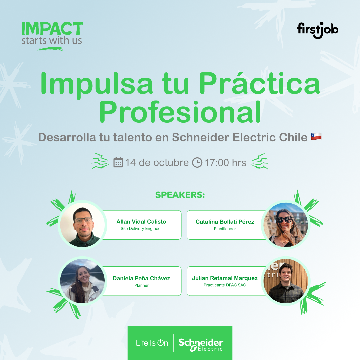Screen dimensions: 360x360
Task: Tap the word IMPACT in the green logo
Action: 52,29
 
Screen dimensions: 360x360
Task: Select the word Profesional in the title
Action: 180,113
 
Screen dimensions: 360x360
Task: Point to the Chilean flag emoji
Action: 316,136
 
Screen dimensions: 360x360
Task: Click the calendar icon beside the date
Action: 118,162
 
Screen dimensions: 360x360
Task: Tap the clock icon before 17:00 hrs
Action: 197,162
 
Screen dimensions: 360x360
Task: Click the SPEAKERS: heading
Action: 180,195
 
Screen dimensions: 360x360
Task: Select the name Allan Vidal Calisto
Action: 141,222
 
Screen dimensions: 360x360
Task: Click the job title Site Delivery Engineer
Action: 141,229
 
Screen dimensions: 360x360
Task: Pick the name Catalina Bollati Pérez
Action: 225,222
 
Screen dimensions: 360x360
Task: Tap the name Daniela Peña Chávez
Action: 141,278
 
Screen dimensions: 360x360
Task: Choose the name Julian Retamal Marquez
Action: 225,278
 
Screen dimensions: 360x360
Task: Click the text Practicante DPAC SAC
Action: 225,285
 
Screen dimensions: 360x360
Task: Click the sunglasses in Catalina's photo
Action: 284,220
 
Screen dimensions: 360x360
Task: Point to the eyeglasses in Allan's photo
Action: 83,220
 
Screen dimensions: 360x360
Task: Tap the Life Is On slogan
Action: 152,343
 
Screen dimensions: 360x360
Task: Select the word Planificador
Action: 225,229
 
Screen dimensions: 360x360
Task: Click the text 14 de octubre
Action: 157,163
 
